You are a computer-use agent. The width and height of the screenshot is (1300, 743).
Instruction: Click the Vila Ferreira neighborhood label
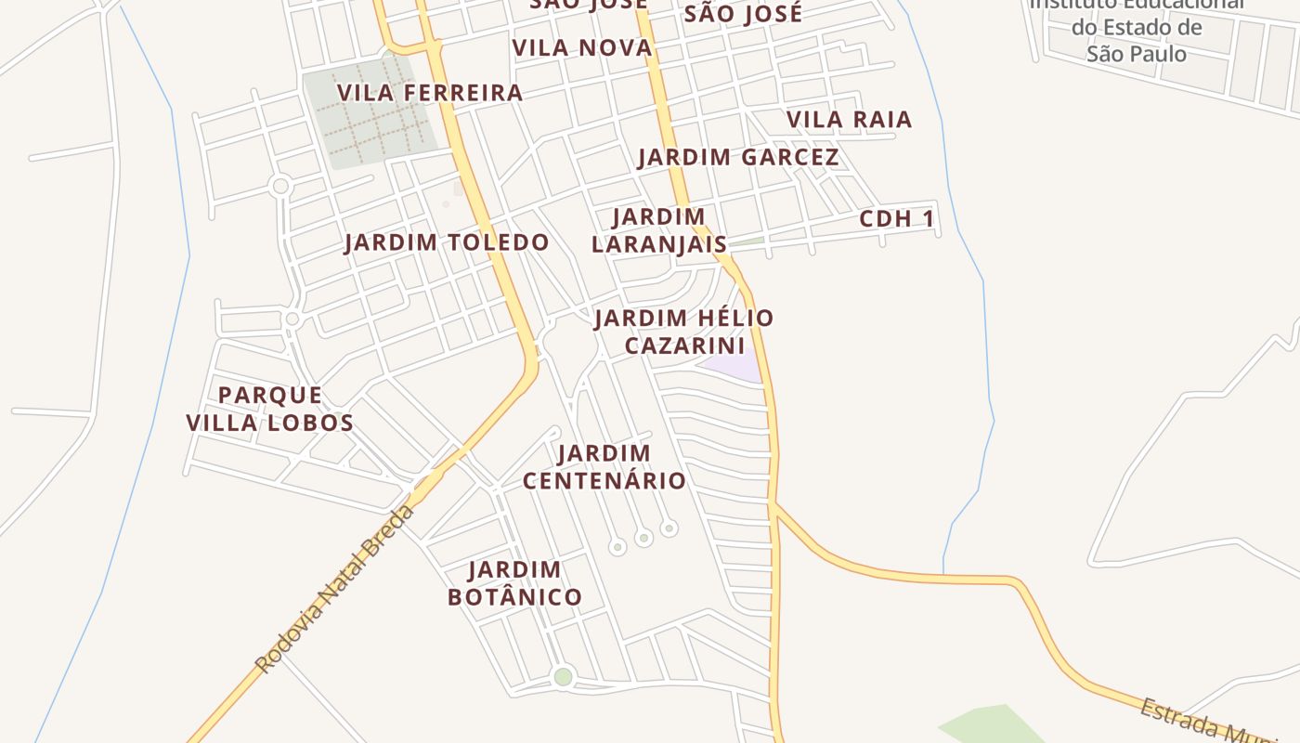click(x=430, y=93)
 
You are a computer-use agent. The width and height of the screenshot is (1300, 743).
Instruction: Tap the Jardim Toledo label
click(x=447, y=242)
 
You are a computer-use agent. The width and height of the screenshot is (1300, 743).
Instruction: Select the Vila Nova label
click(x=582, y=47)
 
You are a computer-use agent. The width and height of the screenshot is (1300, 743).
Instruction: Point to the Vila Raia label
click(x=849, y=119)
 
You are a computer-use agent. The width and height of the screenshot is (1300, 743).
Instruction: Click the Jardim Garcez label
click(x=738, y=157)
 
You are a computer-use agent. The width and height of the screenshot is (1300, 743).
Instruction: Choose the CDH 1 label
click(x=896, y=219)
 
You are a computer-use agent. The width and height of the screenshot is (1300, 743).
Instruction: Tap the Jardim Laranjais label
click(x=659, y=230)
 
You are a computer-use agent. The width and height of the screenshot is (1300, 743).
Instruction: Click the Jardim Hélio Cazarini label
click(x=684, y=332)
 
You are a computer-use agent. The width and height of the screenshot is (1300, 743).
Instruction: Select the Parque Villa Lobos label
click(x=269, y=409)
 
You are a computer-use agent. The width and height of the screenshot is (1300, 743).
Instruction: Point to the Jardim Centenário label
click(x=604, y=466)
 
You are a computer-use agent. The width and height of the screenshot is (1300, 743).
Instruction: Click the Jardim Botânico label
click(x=514, y=582)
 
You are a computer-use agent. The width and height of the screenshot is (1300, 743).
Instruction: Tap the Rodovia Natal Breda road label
click(x=334, y=590)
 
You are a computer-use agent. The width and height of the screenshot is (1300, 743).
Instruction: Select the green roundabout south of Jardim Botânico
click(x=563, y=676)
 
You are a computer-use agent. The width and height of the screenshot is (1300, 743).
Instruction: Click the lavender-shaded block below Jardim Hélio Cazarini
click(x=734, y=368)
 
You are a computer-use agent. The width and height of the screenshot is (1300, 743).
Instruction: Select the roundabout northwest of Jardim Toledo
click(x=280, y=187)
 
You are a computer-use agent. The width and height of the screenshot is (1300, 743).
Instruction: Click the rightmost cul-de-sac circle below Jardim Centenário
click(x=669, y=528)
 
